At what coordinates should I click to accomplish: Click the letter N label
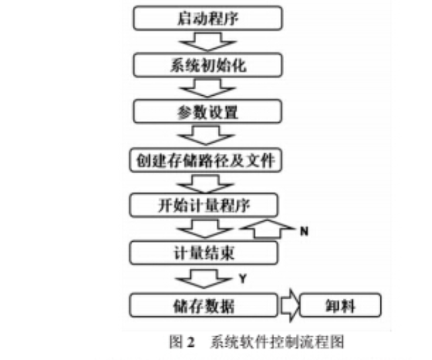tap(303, 231)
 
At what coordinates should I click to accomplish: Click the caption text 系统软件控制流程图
tap(277, 342)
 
